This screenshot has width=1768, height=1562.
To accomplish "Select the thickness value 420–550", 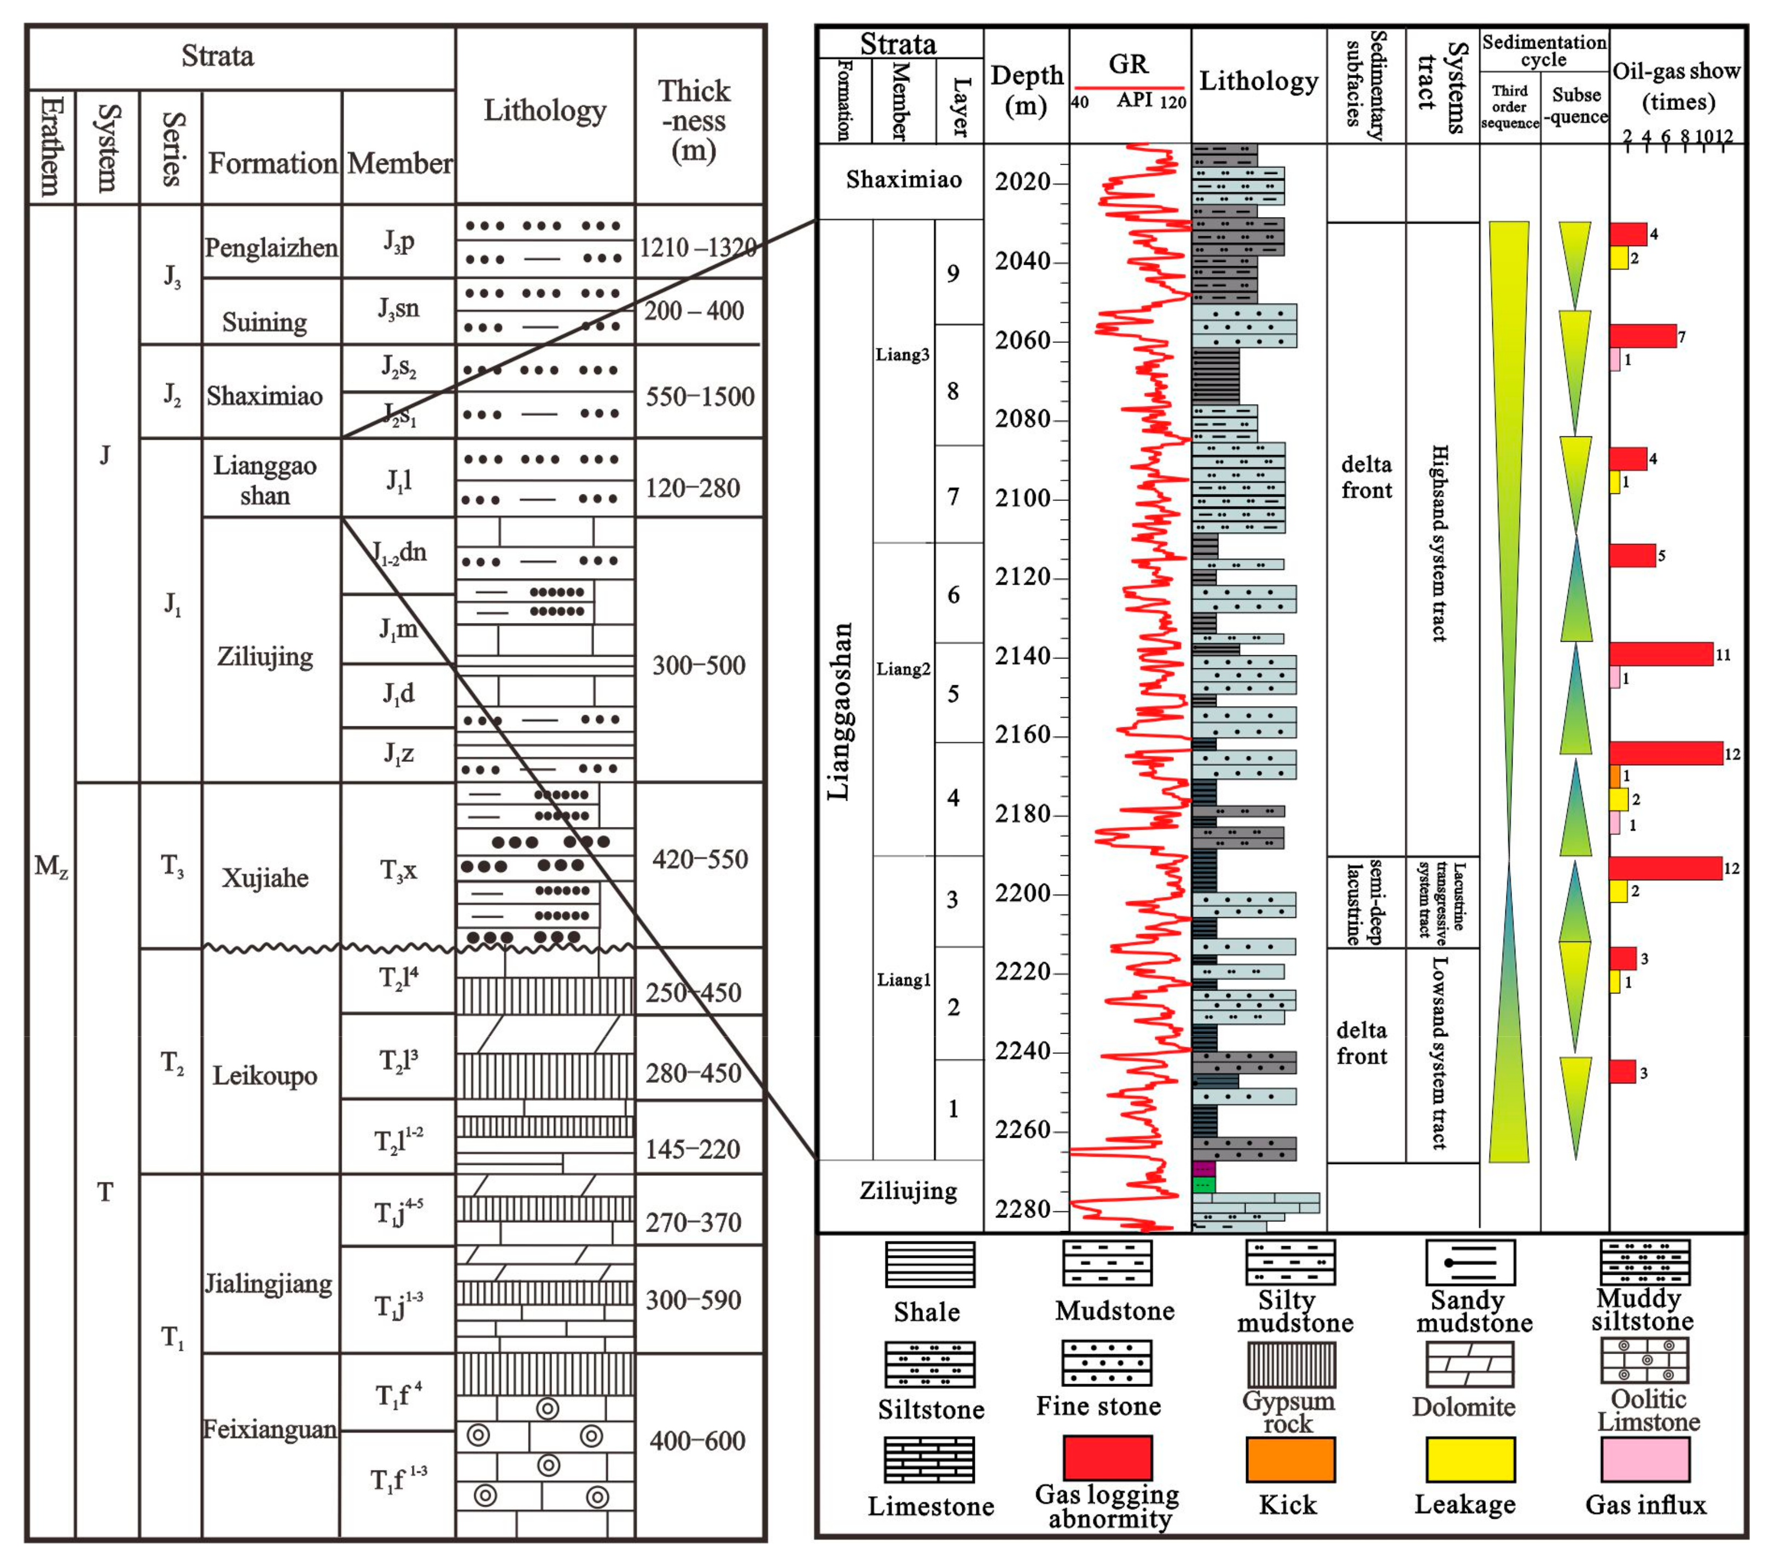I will coord(699,859).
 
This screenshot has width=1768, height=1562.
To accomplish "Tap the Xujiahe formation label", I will coord(265,878).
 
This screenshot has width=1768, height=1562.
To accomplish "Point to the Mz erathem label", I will coord(51,866).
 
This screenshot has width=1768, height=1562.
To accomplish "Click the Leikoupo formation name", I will coord(265,1076).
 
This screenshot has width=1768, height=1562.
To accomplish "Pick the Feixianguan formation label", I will coord(269,1429).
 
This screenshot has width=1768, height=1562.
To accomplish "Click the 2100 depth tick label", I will coord(1022,498).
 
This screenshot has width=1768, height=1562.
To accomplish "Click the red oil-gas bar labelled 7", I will coord(1643,336).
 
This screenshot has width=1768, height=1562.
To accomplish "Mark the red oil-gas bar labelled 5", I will coord(1632,555).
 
